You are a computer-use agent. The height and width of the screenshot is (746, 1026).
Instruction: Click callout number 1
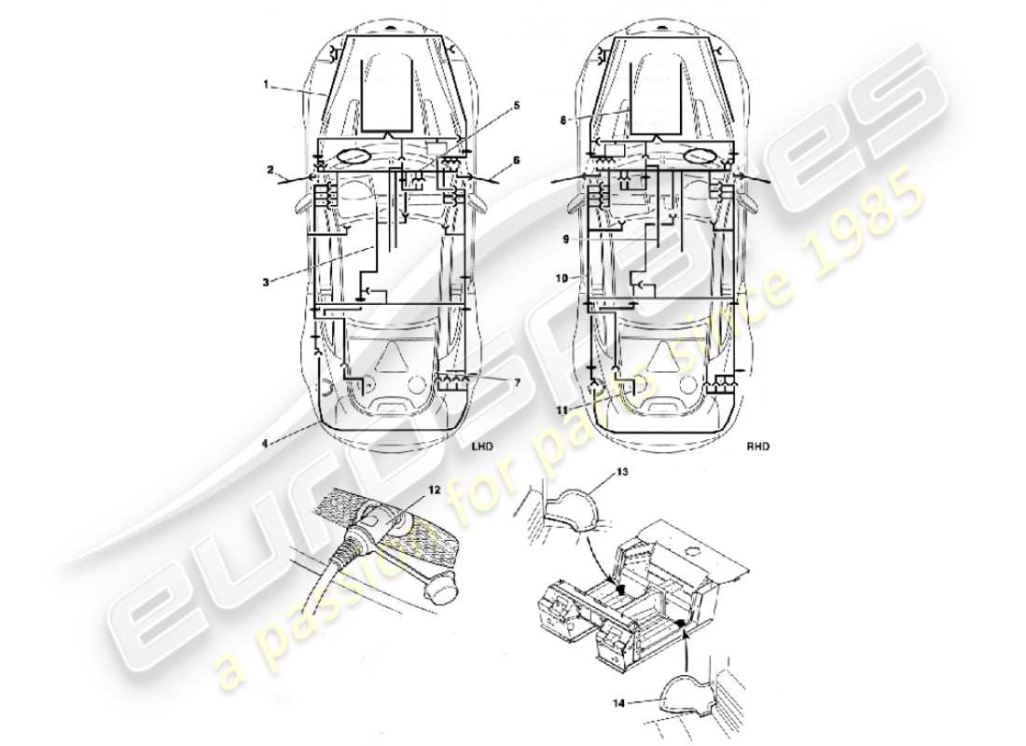click(x=266, y=84)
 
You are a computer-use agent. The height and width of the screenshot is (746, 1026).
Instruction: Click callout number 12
click(x=434, y=490)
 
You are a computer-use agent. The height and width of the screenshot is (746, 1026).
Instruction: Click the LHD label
click(x=484, y=446)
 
